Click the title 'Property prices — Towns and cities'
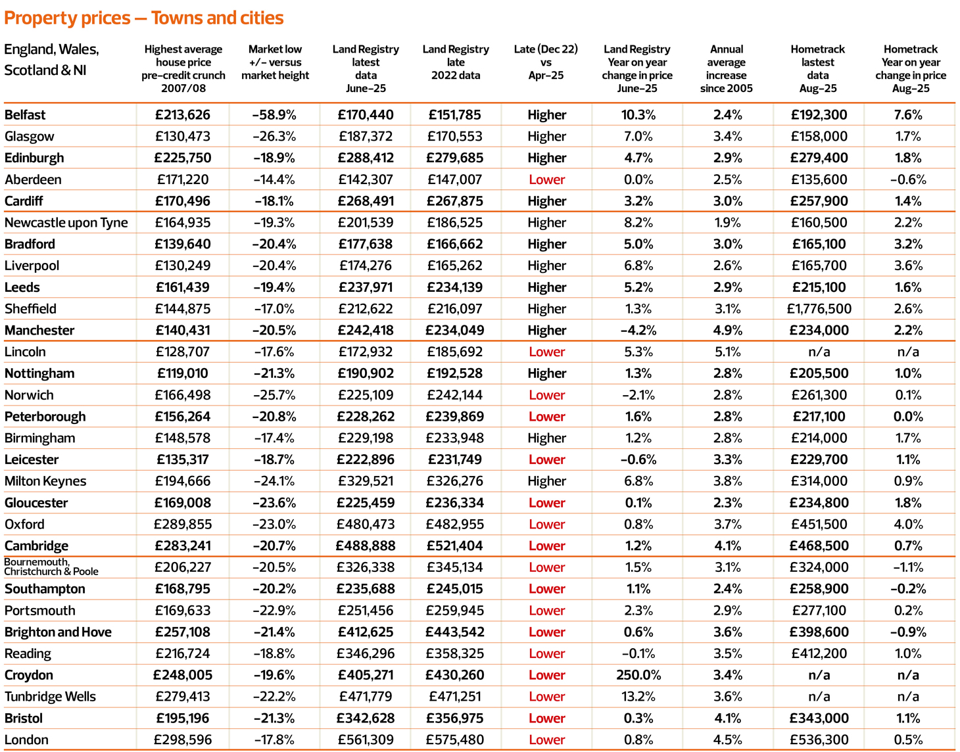[144, 18]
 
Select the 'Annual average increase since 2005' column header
[727, 68]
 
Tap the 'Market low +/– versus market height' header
[275, 62]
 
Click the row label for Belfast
[25, 115]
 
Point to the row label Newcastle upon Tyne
[66, 223]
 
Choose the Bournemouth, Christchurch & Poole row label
[51, 567]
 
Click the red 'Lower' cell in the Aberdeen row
[546, 179]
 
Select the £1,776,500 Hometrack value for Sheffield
[819, 309]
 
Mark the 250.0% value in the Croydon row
[638, 675]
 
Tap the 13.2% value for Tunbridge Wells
[638, 697]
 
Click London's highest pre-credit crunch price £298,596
[183, 740]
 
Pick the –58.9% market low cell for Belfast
[274, 115]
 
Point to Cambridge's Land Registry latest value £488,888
[366, 546]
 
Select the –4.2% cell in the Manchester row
[638, 331]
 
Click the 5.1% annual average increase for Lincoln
[727, 352]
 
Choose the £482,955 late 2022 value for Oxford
[456, 525]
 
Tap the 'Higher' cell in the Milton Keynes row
[546, 481]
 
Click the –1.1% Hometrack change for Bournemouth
[908, 567]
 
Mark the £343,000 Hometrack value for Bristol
[819, 718]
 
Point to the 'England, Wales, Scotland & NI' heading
[51, 60]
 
